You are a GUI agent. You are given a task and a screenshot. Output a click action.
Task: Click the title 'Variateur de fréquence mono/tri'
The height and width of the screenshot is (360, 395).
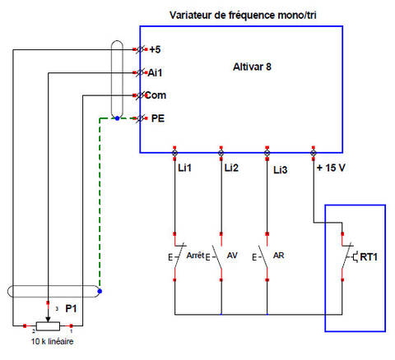(x=243, y=15)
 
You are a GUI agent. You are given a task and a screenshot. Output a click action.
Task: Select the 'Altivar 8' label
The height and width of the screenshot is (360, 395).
(x=252, y=67)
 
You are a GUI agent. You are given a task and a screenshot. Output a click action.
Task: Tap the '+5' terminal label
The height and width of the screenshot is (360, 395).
(x=155, y=49)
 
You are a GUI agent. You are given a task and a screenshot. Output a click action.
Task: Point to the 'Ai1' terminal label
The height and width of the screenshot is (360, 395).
(x=155, y=73)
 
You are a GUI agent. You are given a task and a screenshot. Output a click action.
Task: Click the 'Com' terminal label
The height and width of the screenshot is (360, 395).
(x=156, y=95)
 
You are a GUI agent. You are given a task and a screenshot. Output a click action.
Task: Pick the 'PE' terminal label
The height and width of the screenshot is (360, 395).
(x=158, y=118)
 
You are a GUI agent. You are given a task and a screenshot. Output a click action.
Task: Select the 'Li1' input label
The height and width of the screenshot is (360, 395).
(x=184, y=168)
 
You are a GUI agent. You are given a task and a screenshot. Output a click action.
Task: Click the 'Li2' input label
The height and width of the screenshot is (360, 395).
(x=231, y=168)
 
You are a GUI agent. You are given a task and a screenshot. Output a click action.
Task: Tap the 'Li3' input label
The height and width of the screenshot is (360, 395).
(x=281, y=170)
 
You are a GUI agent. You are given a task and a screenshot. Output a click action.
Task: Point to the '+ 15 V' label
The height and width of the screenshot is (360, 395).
(x=331, y=168)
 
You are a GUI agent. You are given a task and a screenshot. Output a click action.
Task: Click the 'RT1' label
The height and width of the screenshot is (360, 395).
(x=369, y=257)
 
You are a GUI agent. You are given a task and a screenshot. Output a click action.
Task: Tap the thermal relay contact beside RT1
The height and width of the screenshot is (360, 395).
(x=348, y=256)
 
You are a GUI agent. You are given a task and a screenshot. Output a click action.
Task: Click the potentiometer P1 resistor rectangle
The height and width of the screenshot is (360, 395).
(x=48, y=326)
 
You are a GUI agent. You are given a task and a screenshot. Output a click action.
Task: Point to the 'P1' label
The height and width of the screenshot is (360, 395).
(x=71, y=309)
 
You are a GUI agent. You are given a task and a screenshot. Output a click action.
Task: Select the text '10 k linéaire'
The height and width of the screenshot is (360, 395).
(x=52, y=341)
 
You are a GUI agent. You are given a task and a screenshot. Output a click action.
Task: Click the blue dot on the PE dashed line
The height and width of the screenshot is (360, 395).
(x=118, y=118)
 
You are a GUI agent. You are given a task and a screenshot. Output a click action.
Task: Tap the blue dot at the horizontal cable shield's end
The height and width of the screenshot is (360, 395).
(x=100, y=291)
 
